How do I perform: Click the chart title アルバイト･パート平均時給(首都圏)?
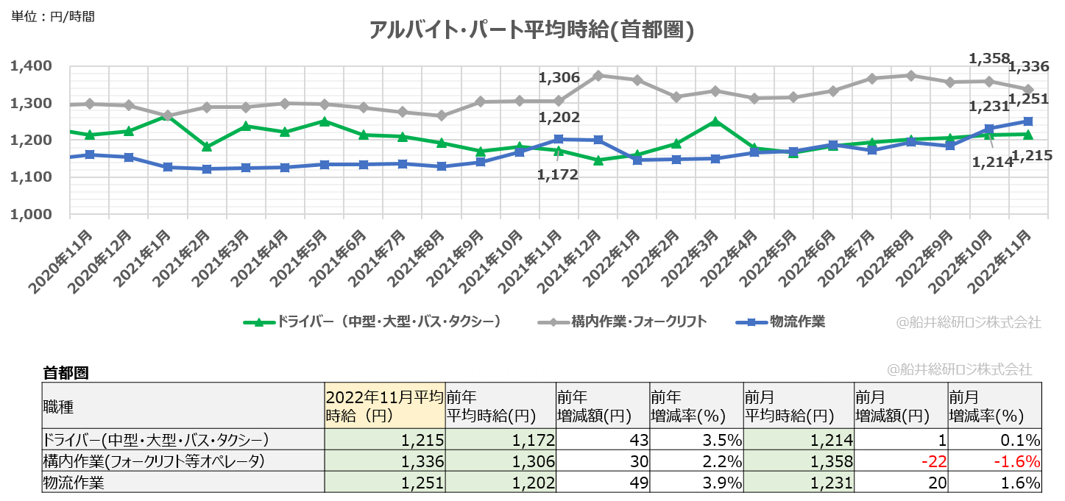[531, 29]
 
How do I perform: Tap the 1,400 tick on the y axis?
[31, 67]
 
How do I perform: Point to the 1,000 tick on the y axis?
[31, 214]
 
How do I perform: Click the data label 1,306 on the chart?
[559, 78]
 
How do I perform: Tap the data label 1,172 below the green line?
[558, 175]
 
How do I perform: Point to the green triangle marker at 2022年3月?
[714, 121]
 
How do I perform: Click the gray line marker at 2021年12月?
[598, 75]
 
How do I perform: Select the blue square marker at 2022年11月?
[1028, 121]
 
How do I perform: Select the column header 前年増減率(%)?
[696, 407]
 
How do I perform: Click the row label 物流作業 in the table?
[74, 483]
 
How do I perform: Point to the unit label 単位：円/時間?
[53, 16]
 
